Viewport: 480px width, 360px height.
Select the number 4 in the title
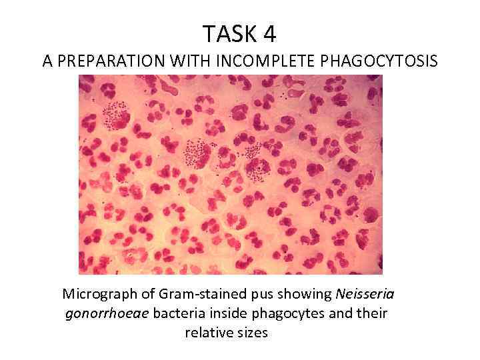[x=269, y=33]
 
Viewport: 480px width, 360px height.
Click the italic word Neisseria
[x=369, y=295]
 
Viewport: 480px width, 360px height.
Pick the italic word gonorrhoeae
[x=107, y=313]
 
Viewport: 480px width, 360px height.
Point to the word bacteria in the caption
[x=179, y=313]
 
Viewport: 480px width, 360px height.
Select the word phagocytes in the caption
[x=284, y=313]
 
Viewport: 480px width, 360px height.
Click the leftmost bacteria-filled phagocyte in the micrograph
[x=115, y=115]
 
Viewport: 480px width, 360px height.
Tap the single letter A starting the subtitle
[x=47, y=61]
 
